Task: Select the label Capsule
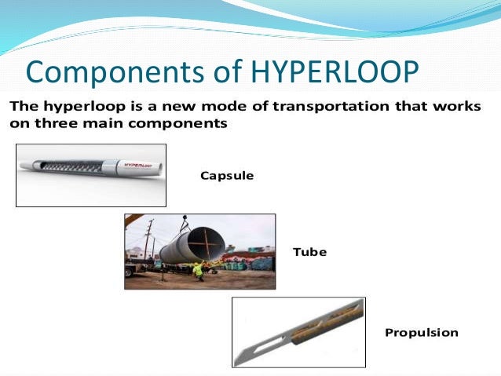point(227,176)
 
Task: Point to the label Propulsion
point(421,332)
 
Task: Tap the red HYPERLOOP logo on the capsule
point(138,166)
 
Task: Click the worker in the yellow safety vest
point(197,270)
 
